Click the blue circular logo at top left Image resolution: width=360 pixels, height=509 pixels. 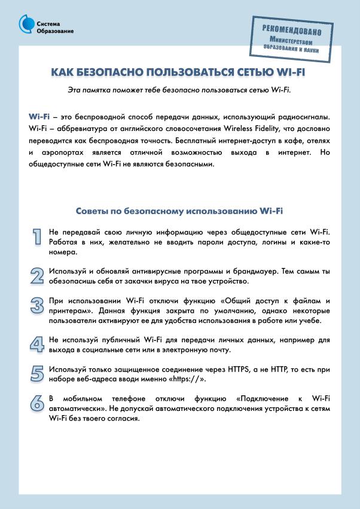pos(27,24)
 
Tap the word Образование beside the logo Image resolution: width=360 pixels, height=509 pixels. pos(55,31)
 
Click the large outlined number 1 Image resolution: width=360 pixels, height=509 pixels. pos(37,237)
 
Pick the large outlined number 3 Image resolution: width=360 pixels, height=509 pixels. pos(37,306)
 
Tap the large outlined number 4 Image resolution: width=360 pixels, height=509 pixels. pos(37,344)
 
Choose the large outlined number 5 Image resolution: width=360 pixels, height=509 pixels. pos(37,374)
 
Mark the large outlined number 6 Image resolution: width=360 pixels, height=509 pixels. pos(37,403)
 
